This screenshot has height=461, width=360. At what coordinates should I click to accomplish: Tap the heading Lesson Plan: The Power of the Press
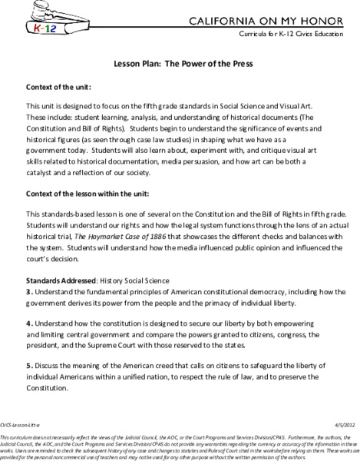pyautogui.click(x=179, y=67)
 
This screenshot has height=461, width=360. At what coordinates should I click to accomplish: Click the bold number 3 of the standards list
pyautogui.click(x=29, y=292)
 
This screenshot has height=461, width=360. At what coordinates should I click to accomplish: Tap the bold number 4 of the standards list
pyautogui.click(x=29, y=323)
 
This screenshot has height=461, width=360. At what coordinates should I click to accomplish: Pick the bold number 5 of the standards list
pyautogui.click(x=29, y=365)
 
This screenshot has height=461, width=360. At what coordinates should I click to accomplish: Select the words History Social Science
pyautogui.click(x=134, y=280)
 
